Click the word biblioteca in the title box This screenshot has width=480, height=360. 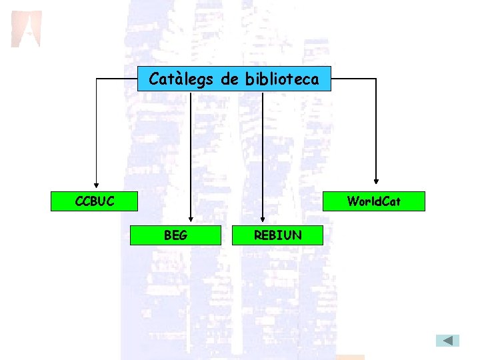click(x=282, y=80)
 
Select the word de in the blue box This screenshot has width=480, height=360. click(x=229, y=80)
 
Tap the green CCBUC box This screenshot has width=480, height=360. click(x=95, y=201)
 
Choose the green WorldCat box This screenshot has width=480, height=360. click(x=373, y=201)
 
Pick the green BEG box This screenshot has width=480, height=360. click(x=175, y=235)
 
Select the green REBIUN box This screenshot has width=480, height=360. click(x=277, y=235)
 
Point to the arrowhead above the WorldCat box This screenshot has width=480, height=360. click(x=376, y=180)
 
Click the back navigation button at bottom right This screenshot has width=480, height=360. click(x=448, y=341)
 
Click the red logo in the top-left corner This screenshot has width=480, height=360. click(x=26, y=29)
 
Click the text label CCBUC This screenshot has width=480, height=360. click(x=95, y=201)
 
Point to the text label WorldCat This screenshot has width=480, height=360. click(x=374, y=201)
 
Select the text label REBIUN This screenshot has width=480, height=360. click(x=277, y=235)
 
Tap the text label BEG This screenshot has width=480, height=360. click(x=175, y=235)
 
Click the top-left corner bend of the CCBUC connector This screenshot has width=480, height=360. click(x=96, y=79)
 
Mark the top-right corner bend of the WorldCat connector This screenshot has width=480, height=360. click(x=376, y=79)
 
